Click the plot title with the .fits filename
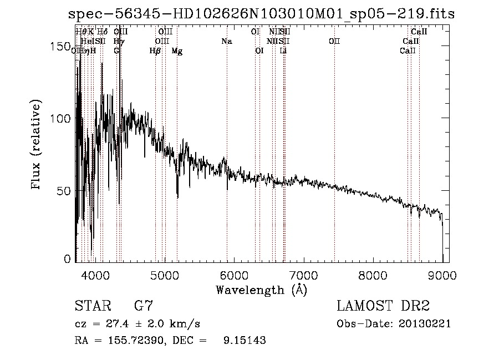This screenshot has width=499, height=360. coord(261,14)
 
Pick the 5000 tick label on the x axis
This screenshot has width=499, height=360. coord(165,274)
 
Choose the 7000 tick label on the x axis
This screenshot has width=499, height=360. coord(304,274)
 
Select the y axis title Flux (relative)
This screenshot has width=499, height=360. coord(37,145)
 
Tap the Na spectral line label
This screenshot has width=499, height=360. coord(226,42)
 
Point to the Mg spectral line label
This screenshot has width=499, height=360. coord(177,51)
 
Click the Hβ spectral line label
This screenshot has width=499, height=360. coord(155,51)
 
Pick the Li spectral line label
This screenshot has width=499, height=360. coord(283,51)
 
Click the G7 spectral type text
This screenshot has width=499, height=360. coord(144,306)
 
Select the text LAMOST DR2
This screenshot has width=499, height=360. coord(383,306)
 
